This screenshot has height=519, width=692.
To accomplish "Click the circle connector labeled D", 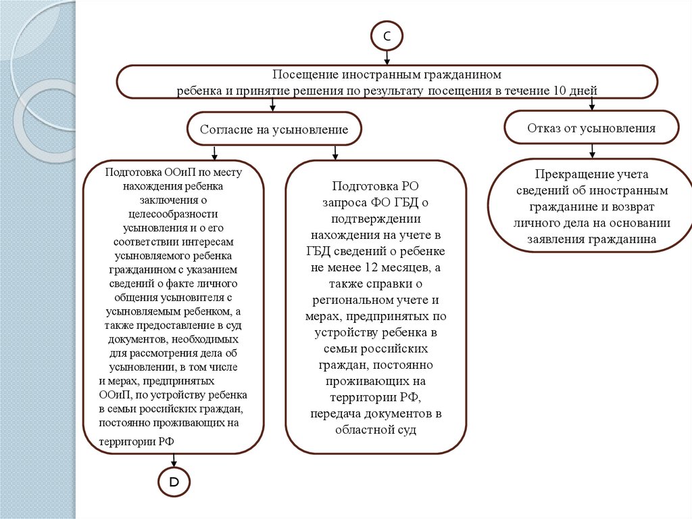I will (174, 482).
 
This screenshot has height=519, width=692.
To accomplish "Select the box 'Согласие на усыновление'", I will (274, 129).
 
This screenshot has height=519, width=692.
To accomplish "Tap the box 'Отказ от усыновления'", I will (591, 128).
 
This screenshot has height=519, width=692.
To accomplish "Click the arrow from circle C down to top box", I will (387, 59).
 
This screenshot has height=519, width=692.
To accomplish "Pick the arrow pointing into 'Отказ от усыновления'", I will (592, 104).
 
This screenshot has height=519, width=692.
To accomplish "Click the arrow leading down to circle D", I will (174, 459).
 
